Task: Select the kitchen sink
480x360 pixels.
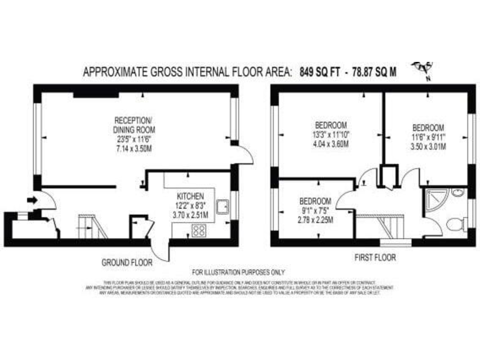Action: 221,206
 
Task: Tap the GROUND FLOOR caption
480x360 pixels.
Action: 127,262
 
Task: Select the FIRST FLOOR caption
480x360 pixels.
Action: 375,257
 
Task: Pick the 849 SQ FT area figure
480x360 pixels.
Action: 319,72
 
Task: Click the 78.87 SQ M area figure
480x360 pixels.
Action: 374,72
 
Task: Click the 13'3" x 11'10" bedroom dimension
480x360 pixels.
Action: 331,134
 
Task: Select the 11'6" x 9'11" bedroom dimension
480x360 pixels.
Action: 427,138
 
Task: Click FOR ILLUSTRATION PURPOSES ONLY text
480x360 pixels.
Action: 237,272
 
